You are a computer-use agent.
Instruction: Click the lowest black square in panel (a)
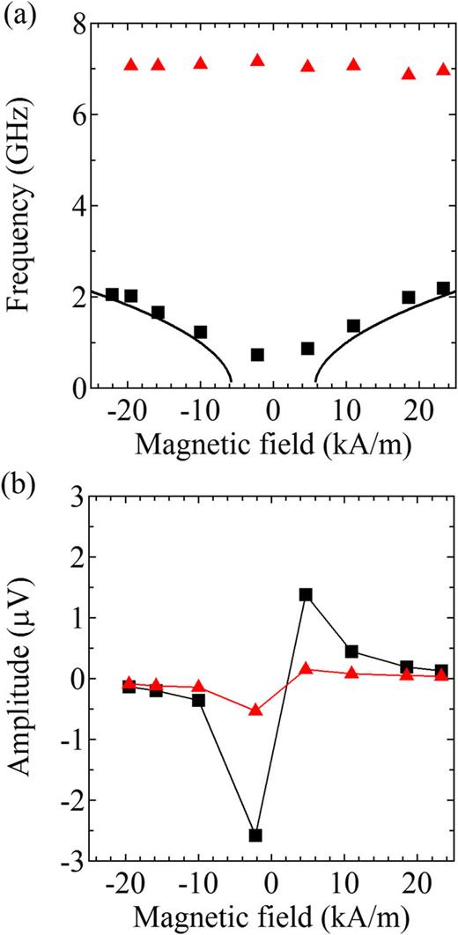[257, 355]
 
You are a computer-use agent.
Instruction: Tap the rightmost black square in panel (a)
[443, 288]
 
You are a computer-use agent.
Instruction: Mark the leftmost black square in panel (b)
[129, 687]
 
